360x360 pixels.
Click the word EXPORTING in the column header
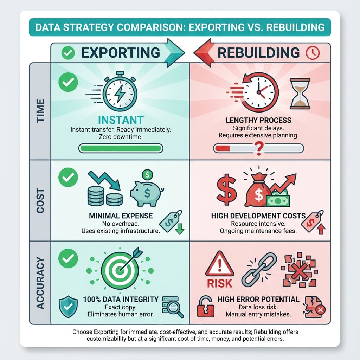click(121, 53)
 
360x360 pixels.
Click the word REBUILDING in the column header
click(259, 53)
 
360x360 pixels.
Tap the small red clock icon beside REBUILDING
click(313, 53)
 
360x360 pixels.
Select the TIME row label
click(40, 111)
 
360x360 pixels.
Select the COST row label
click(40, 201)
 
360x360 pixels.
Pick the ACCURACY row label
click(40, 283)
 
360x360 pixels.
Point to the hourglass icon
click(300, 94)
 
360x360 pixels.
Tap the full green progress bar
click(121, 148)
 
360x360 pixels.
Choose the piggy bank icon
click(147, 189)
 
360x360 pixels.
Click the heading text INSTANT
click(121, 120)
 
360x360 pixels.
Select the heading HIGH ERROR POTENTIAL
click(258, 299)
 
